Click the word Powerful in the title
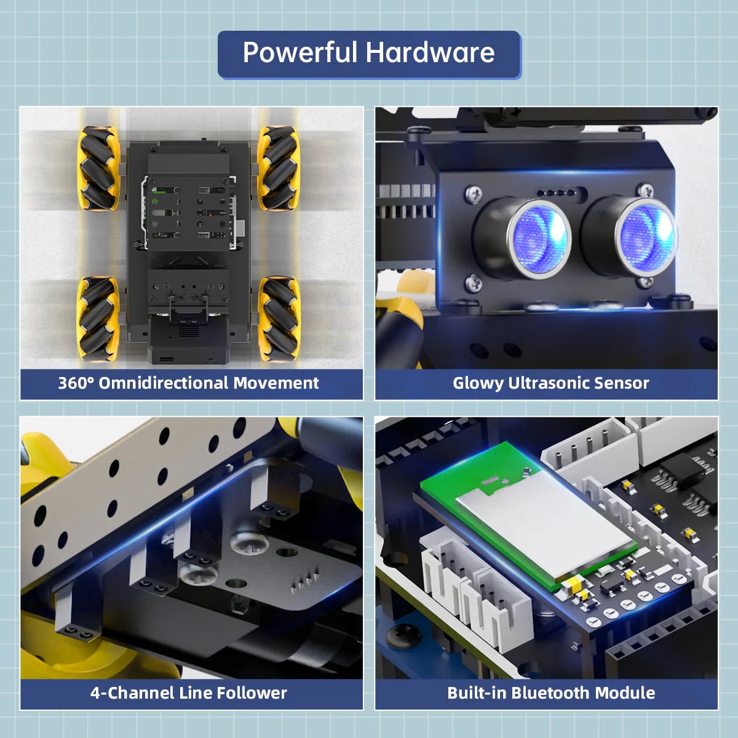coord(300,53)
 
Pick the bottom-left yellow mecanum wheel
coord(98,318)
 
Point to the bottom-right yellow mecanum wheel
coord(278,318)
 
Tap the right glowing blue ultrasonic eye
coord(646,237)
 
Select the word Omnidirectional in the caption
coord(164,383)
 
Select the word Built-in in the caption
coord(477,693)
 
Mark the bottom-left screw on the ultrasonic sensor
coord(472,284)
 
